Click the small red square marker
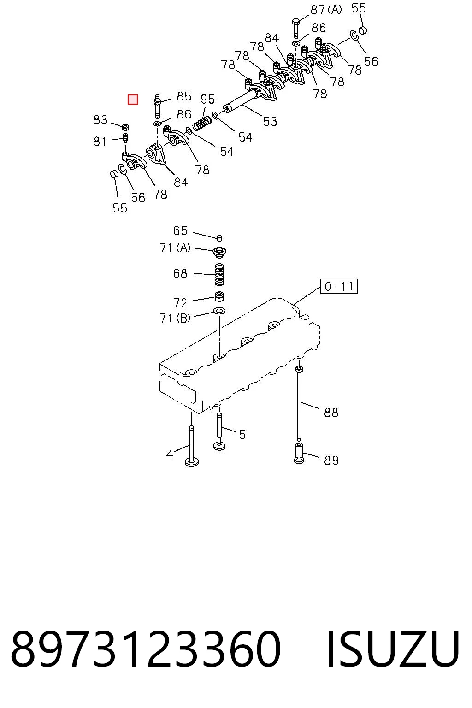(132, 100)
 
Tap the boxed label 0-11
(339, 286)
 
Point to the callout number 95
(208, 99)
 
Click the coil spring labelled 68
(219, 274)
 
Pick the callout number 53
(270, 121)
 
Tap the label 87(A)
(326, 10)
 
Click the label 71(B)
(175, 318)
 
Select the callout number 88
(331, 412)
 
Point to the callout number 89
(331, 460)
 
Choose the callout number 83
(100, 120)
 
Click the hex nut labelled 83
(125, 127)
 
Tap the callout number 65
(180, 231)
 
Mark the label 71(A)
(175, 248)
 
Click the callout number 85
(184, 96)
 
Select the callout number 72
(180, 303)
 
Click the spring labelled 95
(202, 123)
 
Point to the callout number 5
(242, 435)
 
